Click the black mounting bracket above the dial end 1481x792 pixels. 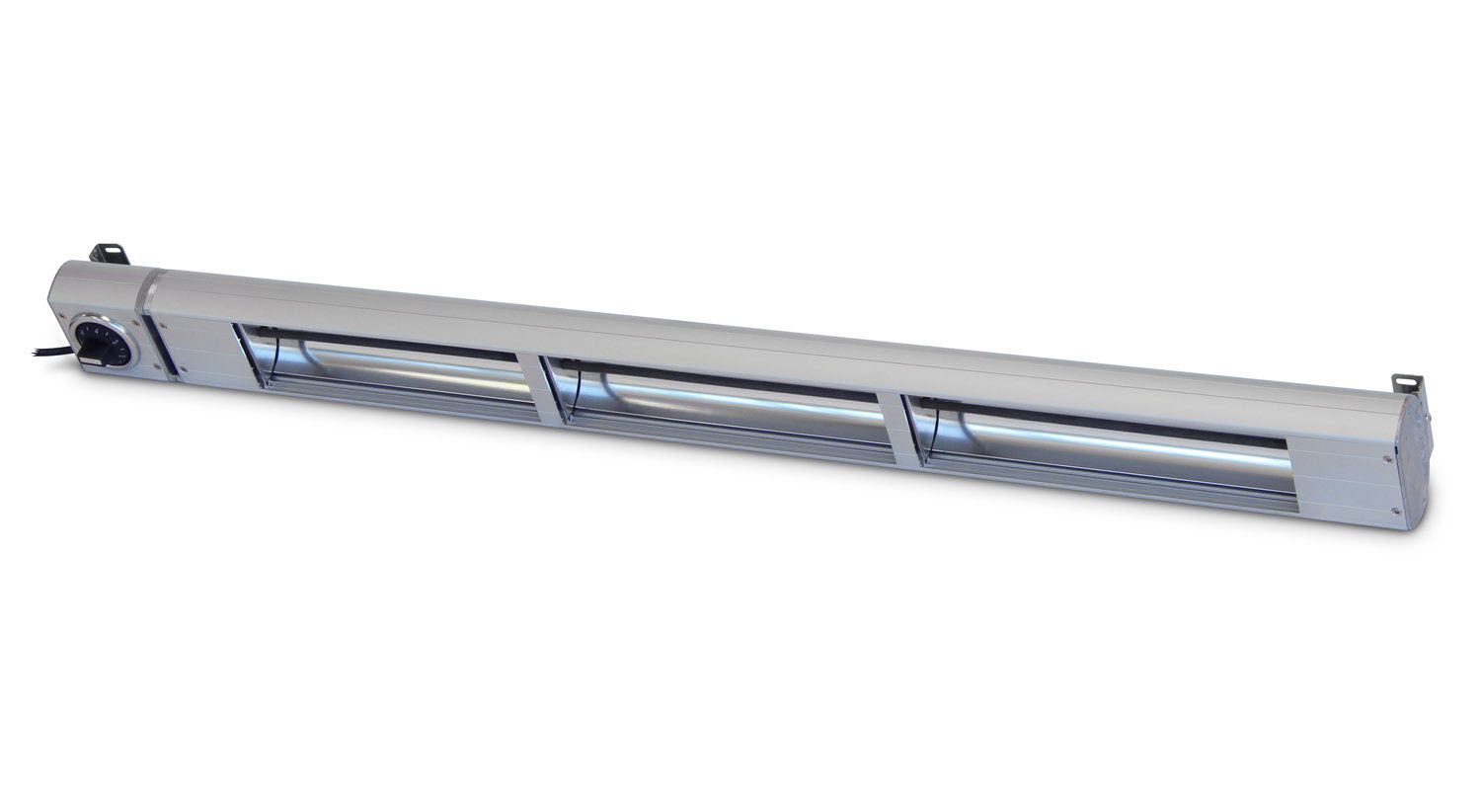(x=110, y=253)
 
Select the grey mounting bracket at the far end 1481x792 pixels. (x=1406, y=382)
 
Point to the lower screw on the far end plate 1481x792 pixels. (x=1394, y=511)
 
